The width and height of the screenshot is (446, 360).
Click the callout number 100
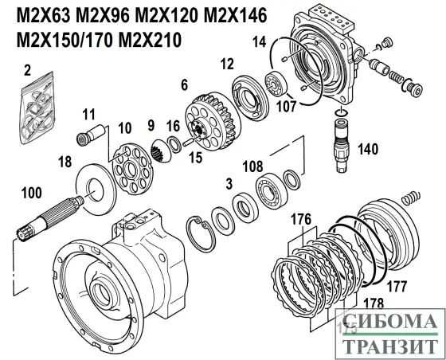(x=31, y=193)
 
